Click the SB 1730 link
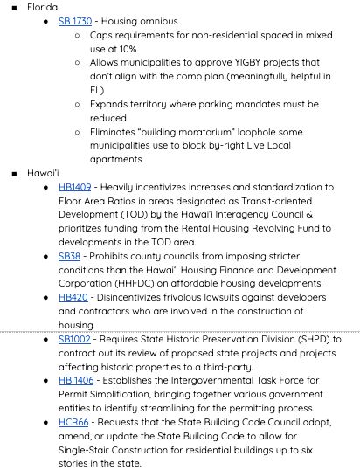(x=74, y=21)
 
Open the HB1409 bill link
(x=74, y=187)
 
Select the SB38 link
(x=69, y=256)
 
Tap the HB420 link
(x=73, y=297)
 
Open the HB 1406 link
(x=76, y=380)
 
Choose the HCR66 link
(x=73, y=422)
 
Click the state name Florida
(x=42, y=7)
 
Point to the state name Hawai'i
(x=43, y=173)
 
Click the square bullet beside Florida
(x=15, y=8)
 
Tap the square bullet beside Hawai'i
(x=15, y=174)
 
